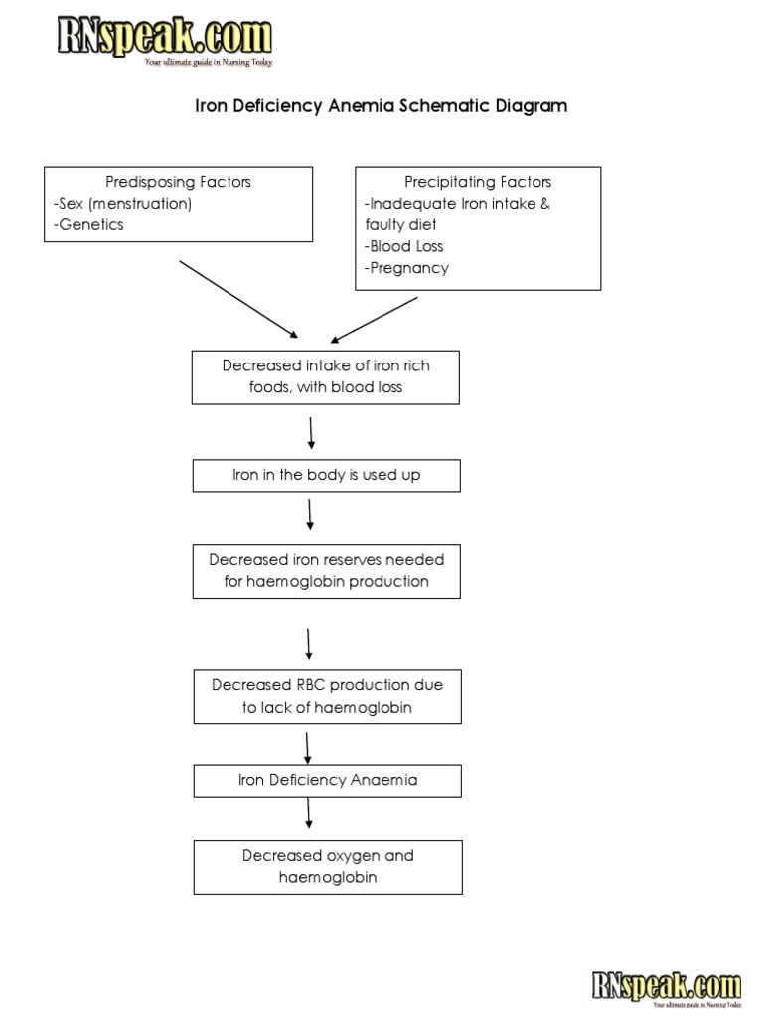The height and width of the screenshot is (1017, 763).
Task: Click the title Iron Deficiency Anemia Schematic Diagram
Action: (x=381, y=105)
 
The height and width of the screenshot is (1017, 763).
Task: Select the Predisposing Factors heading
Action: (x=179, y=182)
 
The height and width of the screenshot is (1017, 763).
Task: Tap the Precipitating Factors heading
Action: (x=478, y=182)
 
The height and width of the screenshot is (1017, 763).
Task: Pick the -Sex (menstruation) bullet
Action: (x=122, y=203)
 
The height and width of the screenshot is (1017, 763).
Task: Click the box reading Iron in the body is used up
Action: (x=326, y=476)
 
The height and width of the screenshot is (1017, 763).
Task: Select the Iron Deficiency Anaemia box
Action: (x=327, y=781)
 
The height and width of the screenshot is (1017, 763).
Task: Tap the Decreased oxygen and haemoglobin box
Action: (x=327, y=867)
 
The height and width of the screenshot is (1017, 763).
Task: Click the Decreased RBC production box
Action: (x=327, y=696)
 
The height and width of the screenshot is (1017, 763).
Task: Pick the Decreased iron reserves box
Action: (x=326, y=571)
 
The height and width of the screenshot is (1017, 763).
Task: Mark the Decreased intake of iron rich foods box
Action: (x=326, y=377)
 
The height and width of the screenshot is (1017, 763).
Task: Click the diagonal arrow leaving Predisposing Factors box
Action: (x=237, y=299)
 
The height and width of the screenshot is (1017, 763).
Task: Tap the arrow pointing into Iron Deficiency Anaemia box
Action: (x=309, y=745)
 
